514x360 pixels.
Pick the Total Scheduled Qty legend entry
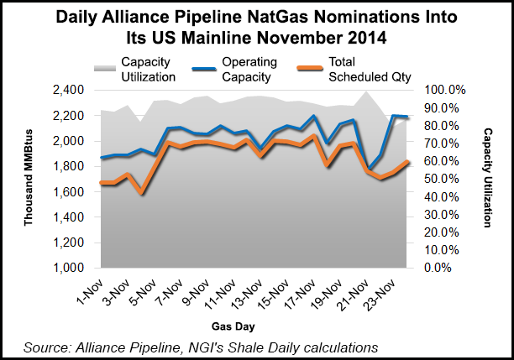363,67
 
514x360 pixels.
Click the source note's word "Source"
47,347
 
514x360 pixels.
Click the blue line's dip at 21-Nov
367,169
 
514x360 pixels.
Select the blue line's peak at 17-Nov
313,117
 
